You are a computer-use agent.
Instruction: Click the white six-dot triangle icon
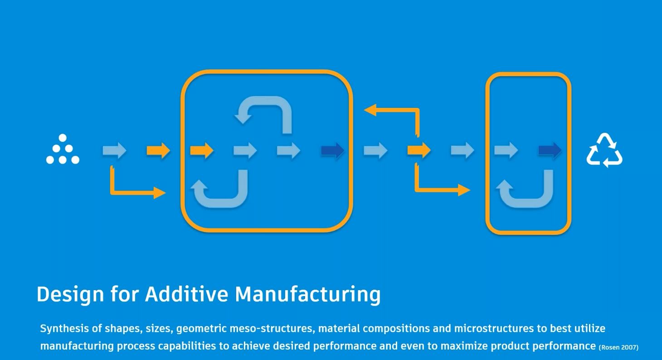coord(63,149)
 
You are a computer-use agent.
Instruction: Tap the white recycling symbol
coord(604,150)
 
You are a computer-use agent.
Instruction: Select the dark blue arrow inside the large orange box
coord(333,150)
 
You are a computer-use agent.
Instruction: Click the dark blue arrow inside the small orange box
coord(550,150)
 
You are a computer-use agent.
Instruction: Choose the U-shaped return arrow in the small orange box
coord(526,190)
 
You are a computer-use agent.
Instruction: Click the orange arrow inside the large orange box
coord(202,150)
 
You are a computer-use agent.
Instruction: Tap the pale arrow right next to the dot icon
coord(114,150)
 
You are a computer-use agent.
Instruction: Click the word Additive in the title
coord(186,294)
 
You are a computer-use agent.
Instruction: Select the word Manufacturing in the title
coord(307,294)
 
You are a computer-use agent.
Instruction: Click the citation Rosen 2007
coord(619,348)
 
